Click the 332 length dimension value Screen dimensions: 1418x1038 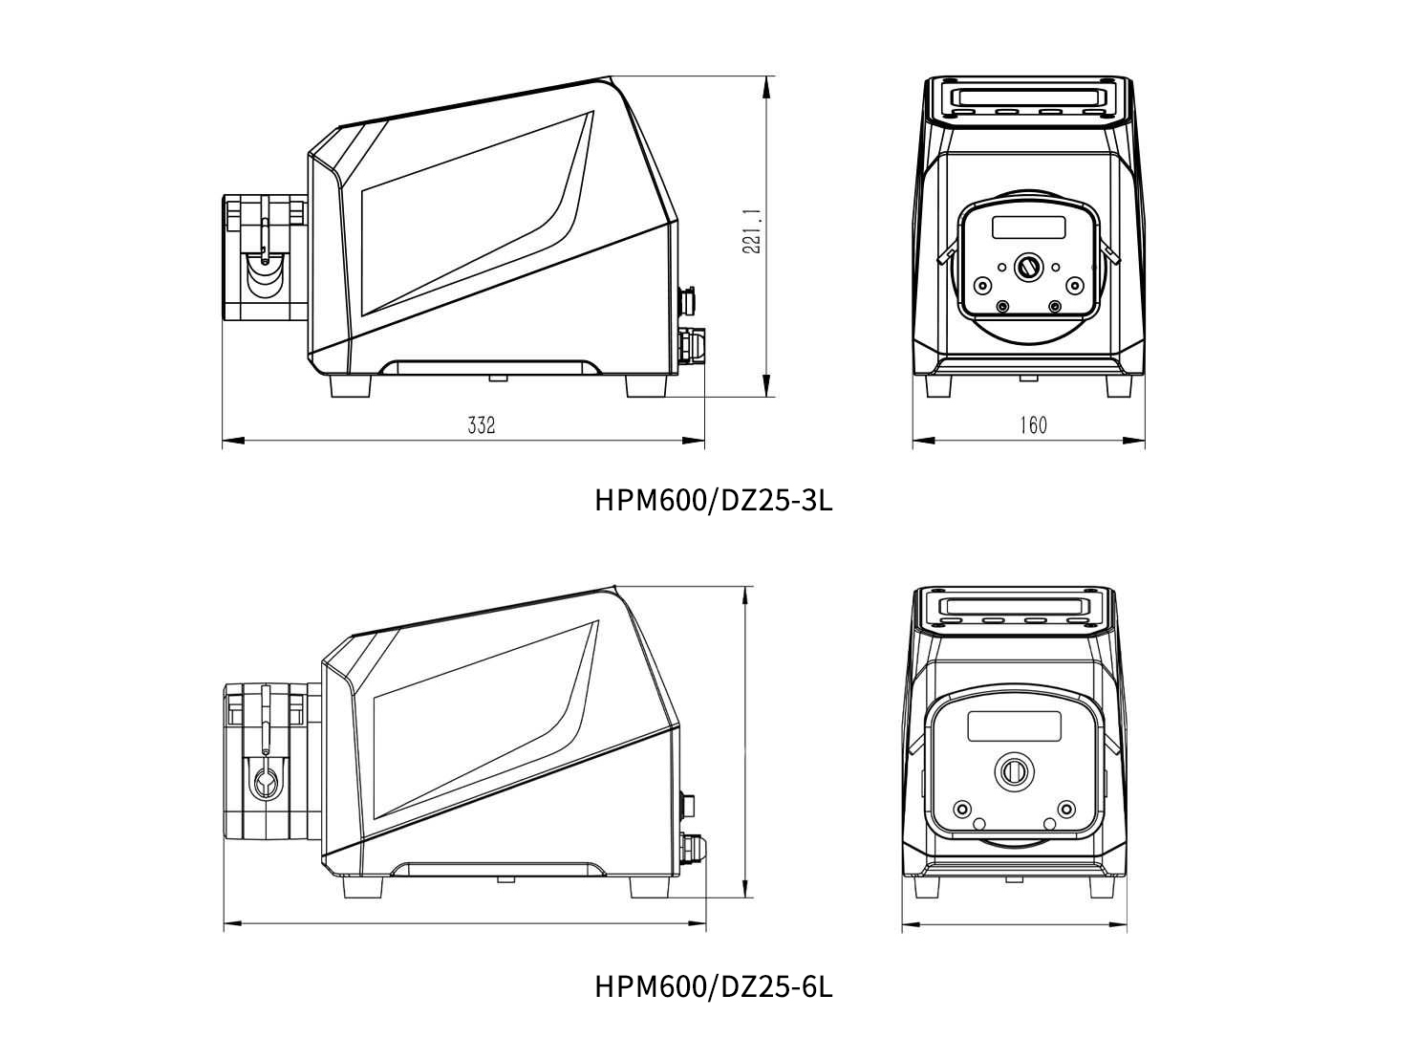[x=482, y=425]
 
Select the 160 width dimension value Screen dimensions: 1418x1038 [x=1033, y=425]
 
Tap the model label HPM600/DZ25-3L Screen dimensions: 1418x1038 [x=714, y=501]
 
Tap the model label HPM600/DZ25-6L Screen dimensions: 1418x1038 [x=714, y=986]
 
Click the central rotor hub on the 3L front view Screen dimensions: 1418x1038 [x=1028, y=268]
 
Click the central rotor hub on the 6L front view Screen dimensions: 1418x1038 [x=1014, y=771]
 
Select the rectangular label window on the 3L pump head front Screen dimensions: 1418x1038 [x=1029, y=227]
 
